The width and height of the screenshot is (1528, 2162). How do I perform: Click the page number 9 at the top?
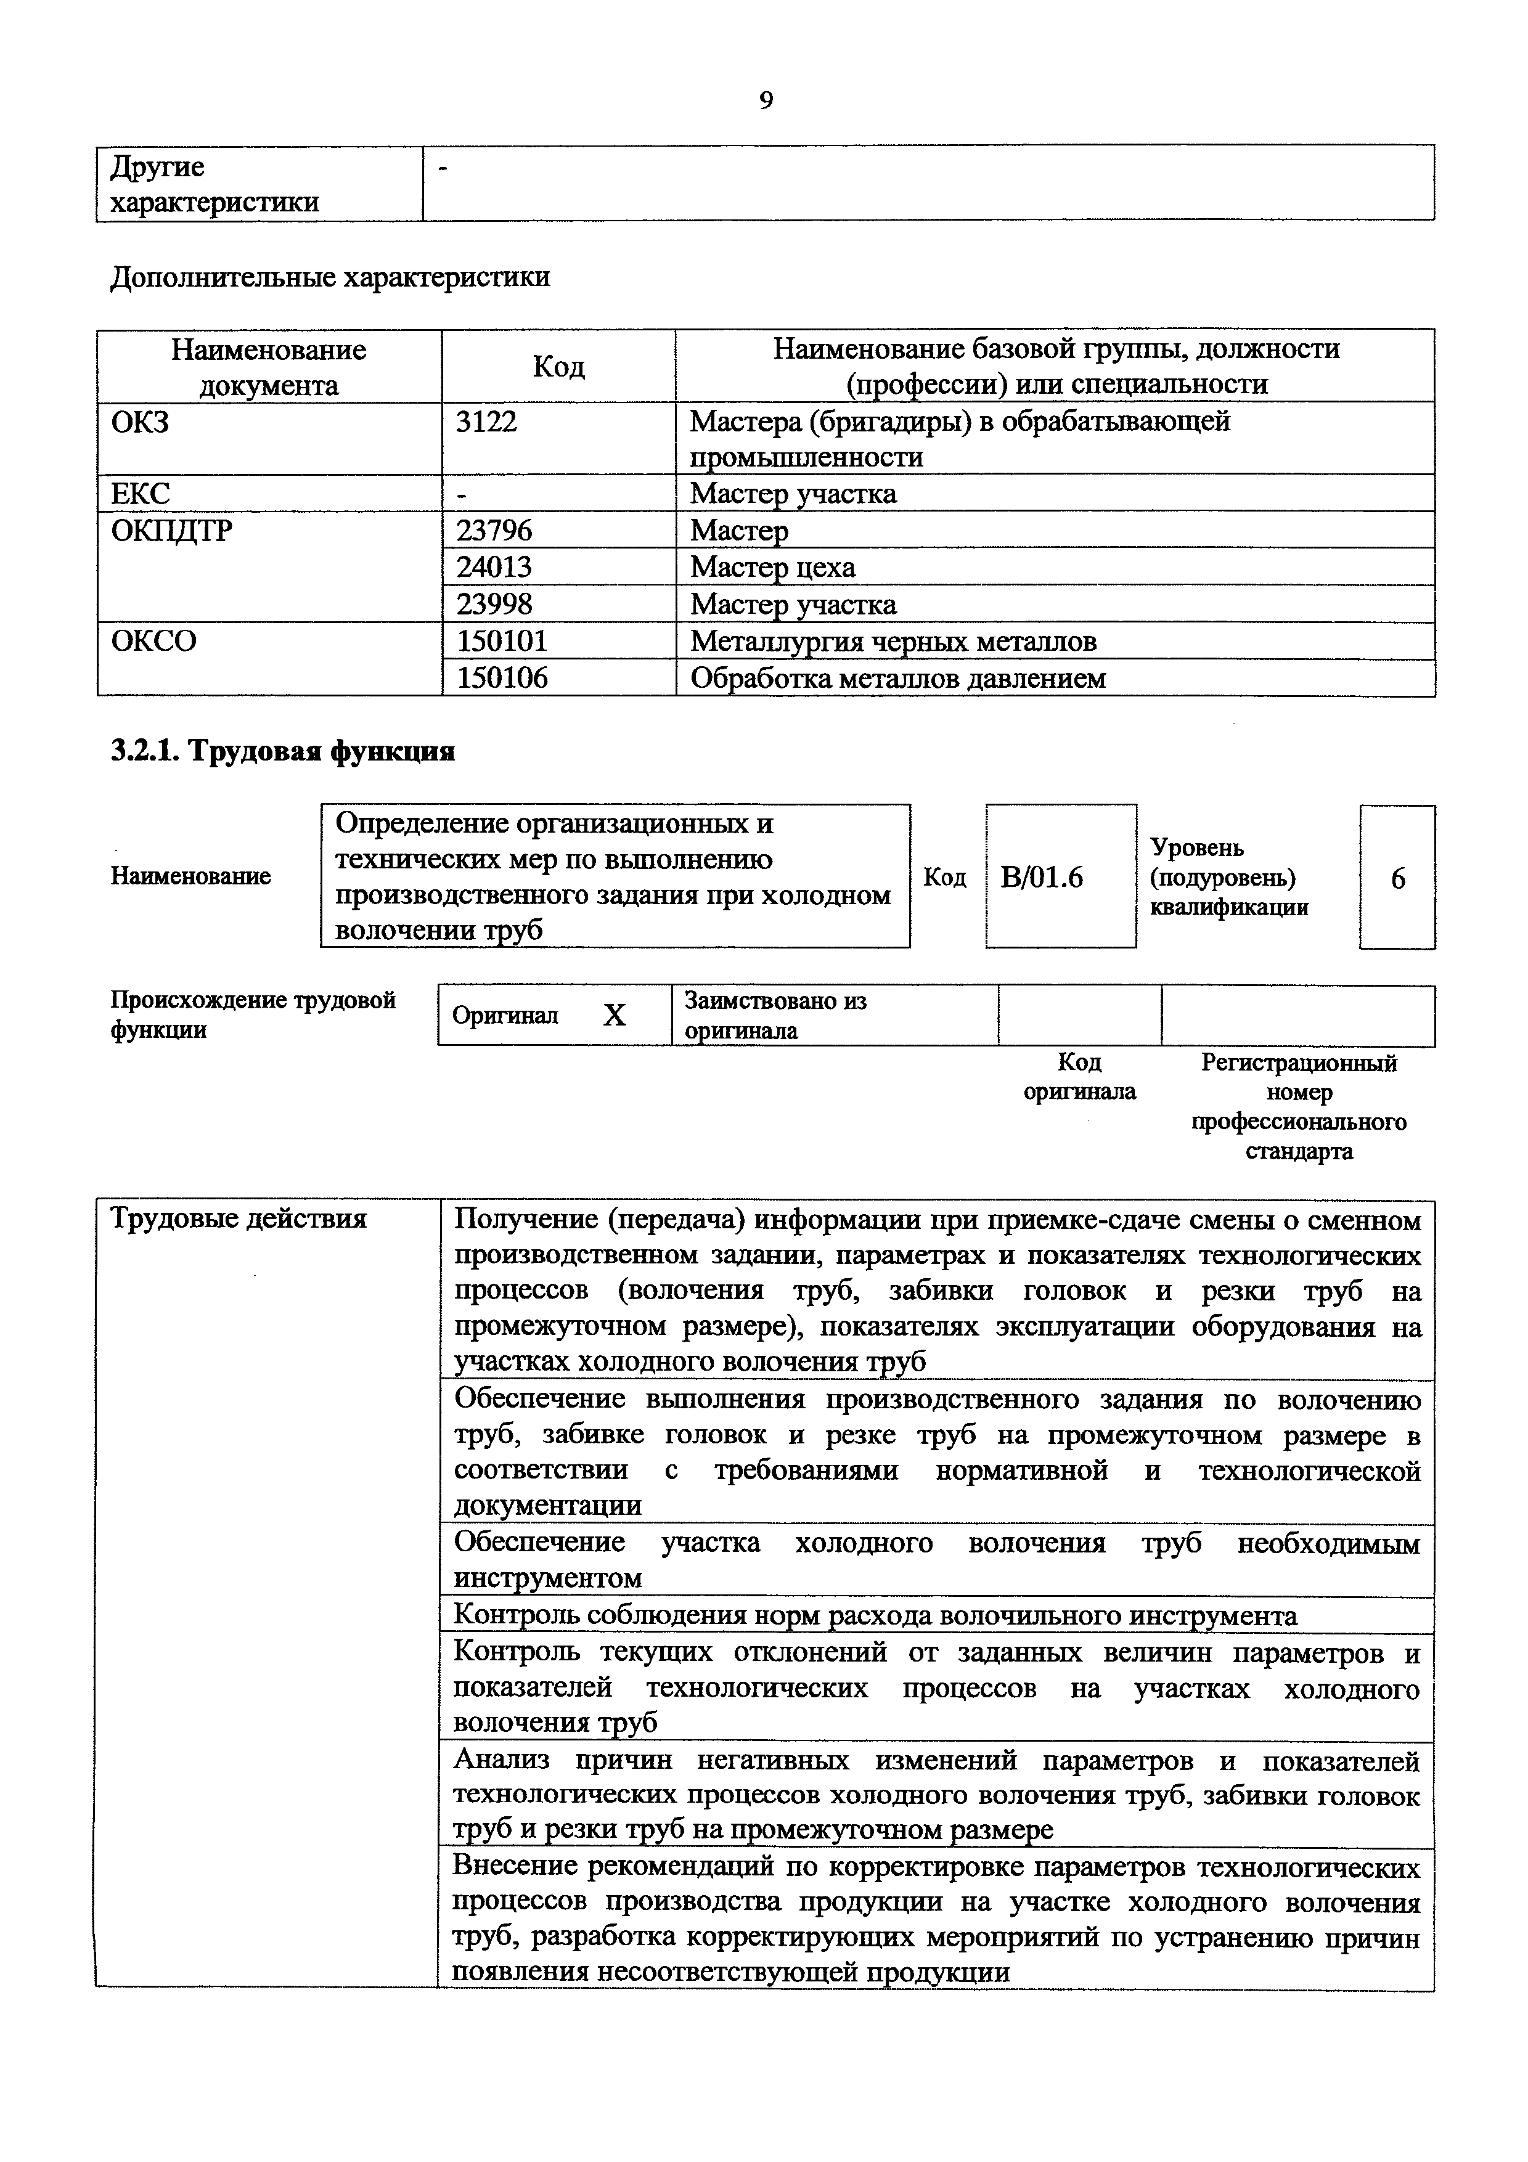(766, 100)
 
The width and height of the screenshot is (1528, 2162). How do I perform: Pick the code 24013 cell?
(494, 568)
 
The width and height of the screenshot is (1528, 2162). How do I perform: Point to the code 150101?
(502, 641)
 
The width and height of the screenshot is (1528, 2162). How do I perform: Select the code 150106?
(502, 678)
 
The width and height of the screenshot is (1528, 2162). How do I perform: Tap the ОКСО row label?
(153, 641)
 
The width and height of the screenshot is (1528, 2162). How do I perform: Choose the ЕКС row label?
(141, 494)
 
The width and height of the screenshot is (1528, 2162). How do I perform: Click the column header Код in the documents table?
(558, 366)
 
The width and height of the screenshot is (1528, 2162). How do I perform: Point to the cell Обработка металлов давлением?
(897, 678)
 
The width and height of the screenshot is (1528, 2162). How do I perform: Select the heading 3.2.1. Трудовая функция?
(282, 751)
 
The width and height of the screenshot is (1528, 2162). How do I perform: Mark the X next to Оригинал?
(614, 1015)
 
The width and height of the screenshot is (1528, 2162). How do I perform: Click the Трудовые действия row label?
(238, 1220)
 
